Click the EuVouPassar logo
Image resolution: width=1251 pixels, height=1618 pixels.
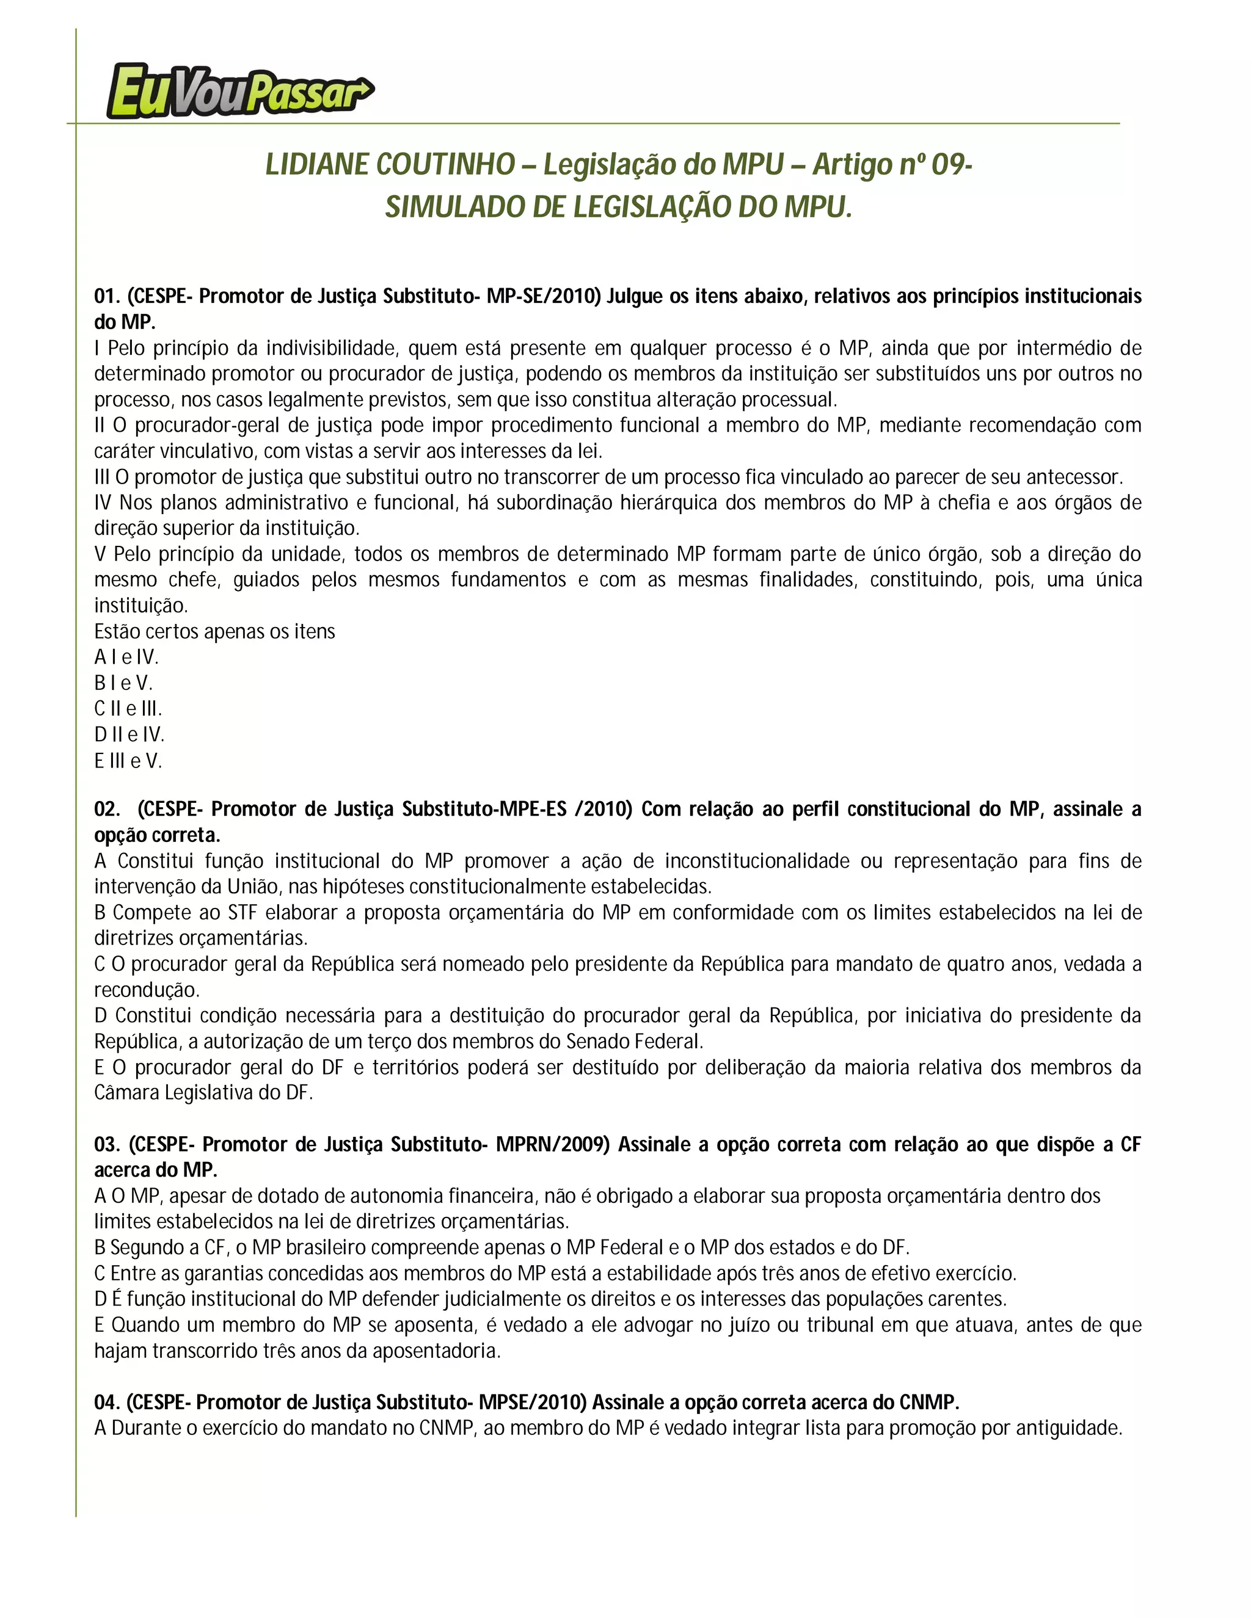point(239,90)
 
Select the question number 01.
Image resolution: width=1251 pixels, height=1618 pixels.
point(107,296)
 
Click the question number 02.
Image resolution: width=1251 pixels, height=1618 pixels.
point(107,809)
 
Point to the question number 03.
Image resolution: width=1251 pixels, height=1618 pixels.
point(107,1145)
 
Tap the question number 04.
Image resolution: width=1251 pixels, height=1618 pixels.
point(107,1402)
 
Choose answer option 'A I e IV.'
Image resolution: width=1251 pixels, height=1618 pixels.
point(126,657)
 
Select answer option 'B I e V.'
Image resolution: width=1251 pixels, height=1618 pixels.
point(123,683)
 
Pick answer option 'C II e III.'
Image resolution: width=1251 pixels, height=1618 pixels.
point(128,709)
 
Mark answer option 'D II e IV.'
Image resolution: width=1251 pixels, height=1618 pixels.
point(129,735)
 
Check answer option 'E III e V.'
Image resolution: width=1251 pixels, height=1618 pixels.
point(128,761)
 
